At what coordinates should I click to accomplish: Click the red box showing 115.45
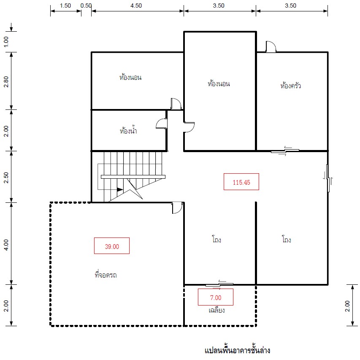(241, 182)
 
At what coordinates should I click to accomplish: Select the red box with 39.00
(112, 246)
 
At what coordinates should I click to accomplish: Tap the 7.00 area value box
(216, 297)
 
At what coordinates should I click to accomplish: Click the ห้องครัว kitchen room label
(290, 85)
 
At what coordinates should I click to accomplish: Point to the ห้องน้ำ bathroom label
(128, 130)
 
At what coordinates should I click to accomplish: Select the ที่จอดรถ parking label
(106, 275)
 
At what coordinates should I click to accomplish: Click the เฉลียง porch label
(217, 310)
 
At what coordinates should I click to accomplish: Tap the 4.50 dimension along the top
(136, 5)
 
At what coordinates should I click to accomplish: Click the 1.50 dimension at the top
(65, 5)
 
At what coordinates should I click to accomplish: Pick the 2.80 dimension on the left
(6, 82)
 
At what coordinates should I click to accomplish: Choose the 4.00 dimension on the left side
(6, 245)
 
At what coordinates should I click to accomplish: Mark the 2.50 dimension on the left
(6, 177)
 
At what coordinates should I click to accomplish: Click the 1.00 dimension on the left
(6, 41)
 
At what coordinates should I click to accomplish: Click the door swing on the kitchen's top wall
(271, 46)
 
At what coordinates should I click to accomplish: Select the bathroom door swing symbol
(162, 123)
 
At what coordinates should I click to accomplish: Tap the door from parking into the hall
(177, 208)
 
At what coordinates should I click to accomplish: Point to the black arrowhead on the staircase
(120, 189)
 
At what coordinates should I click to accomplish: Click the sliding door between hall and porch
(219, 285)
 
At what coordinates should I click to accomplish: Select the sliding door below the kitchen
(285, 151)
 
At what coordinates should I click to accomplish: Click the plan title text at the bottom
(238, 350)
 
